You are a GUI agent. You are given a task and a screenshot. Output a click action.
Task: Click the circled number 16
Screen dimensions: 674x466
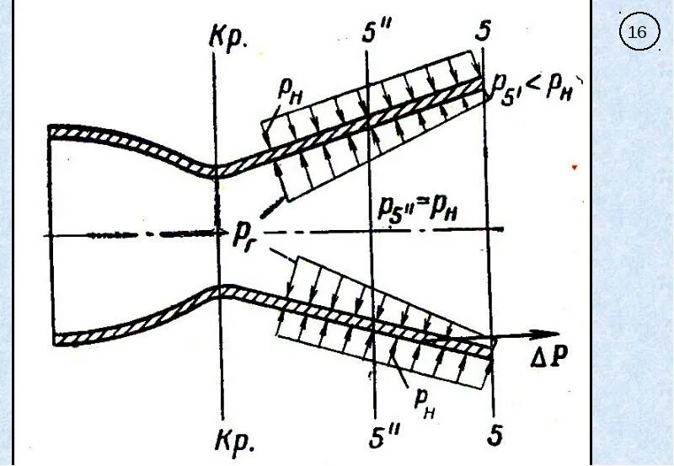tap(638, 33)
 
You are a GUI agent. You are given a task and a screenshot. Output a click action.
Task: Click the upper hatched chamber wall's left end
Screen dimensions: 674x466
tap(52, 131)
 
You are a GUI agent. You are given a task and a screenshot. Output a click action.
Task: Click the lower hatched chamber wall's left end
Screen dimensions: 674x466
tap(56, 340)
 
